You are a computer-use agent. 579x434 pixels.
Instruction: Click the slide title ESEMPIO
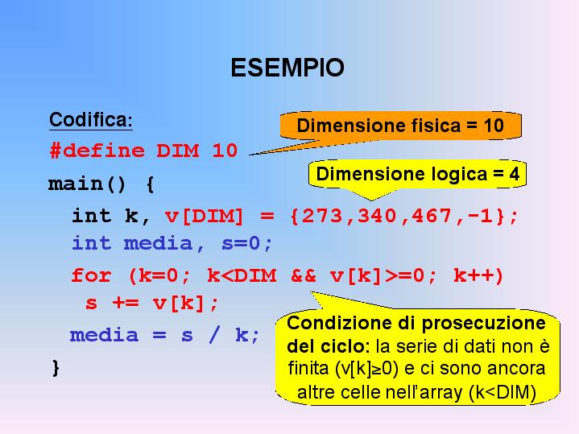[287, 68]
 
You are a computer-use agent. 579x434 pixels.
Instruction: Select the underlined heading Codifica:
[91, 120]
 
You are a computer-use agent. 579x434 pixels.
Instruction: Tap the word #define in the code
[97, 151]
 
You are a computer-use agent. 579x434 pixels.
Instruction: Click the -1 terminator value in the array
[480, 215]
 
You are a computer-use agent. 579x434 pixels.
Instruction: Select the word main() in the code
[87, 184]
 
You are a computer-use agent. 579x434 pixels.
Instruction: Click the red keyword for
[91, 275]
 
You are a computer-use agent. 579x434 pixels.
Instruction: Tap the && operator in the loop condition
[303, 275]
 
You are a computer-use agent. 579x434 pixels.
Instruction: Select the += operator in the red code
[126, 304]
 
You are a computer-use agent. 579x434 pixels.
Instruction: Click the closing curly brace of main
[56, 367]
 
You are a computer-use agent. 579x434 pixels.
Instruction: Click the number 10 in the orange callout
[494, 126]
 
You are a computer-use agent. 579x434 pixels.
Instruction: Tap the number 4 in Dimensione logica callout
[515, 174]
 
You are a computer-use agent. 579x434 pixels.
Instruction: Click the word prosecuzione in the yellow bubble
[484, 324]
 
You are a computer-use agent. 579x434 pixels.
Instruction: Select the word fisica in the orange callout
[434, 126]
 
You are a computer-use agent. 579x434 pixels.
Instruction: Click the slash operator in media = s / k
[214, 335]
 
